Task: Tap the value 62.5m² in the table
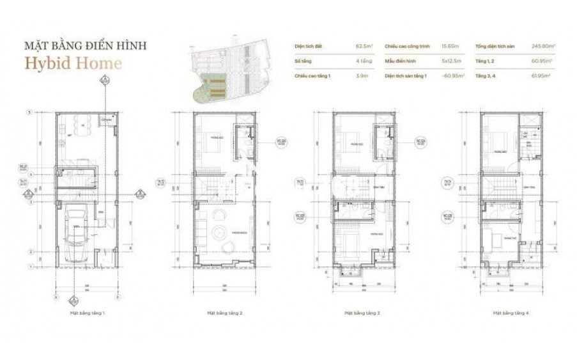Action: (364, 47)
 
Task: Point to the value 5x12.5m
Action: (454, 61)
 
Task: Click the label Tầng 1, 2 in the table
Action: (485, 61)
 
